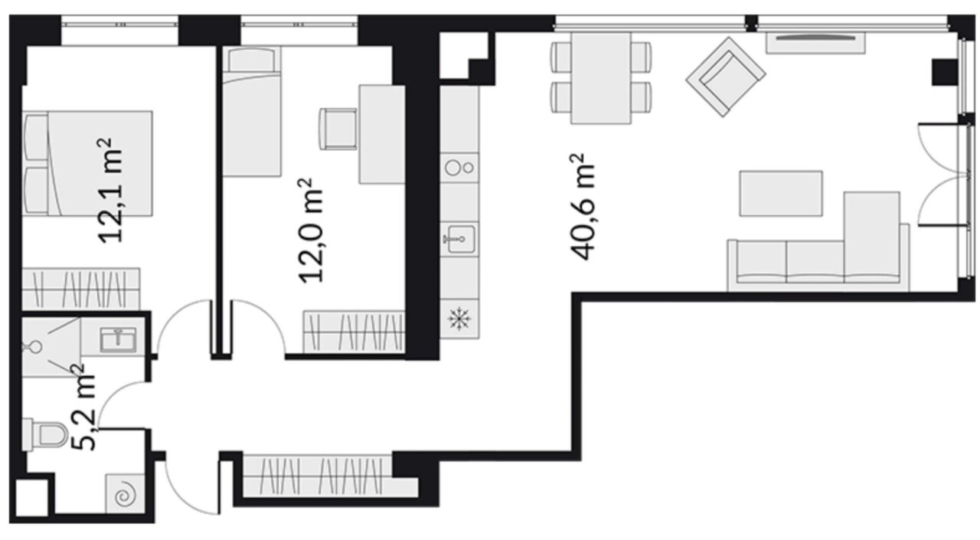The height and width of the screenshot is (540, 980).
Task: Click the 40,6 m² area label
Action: pos(583,206)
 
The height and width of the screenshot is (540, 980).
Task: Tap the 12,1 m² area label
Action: pos(109,191)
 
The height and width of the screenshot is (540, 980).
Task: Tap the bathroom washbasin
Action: pos(118,339)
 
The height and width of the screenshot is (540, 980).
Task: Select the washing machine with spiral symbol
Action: pos(125,493)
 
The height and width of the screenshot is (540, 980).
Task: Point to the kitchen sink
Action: pos(459,239)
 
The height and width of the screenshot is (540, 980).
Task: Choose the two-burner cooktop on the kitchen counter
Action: pos(459,167)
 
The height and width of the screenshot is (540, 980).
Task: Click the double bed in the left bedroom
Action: pos(87,163)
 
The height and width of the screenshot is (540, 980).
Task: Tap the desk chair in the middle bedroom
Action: pos(338,129)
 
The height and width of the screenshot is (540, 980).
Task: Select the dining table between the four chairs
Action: pos(601,78)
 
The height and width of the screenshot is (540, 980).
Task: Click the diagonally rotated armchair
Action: pos(725,77)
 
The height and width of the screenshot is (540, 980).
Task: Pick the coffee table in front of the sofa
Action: pos(781,194)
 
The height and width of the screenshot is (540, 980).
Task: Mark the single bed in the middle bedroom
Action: pos(252,112)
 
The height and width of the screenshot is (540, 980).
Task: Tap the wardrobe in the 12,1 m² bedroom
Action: pos(81,289)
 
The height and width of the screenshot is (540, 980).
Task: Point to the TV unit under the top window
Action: pos(815,43)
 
